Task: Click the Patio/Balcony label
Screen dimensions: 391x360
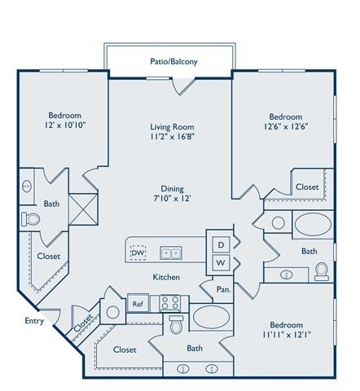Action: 173,61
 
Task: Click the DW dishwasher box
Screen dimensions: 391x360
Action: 138,253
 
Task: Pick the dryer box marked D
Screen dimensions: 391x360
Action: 221,244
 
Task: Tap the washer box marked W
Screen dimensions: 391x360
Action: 221,262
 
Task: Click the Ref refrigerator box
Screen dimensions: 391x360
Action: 138,304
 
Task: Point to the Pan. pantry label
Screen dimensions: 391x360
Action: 223,288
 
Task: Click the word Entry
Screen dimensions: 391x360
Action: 33,320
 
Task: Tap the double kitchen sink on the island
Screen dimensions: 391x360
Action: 170,253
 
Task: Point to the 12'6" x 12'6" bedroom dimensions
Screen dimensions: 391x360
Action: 285,127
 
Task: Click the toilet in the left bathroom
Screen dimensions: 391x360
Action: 33,219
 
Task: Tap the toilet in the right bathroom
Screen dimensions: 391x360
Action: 321,268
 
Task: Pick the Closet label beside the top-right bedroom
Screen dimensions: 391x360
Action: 307,187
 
